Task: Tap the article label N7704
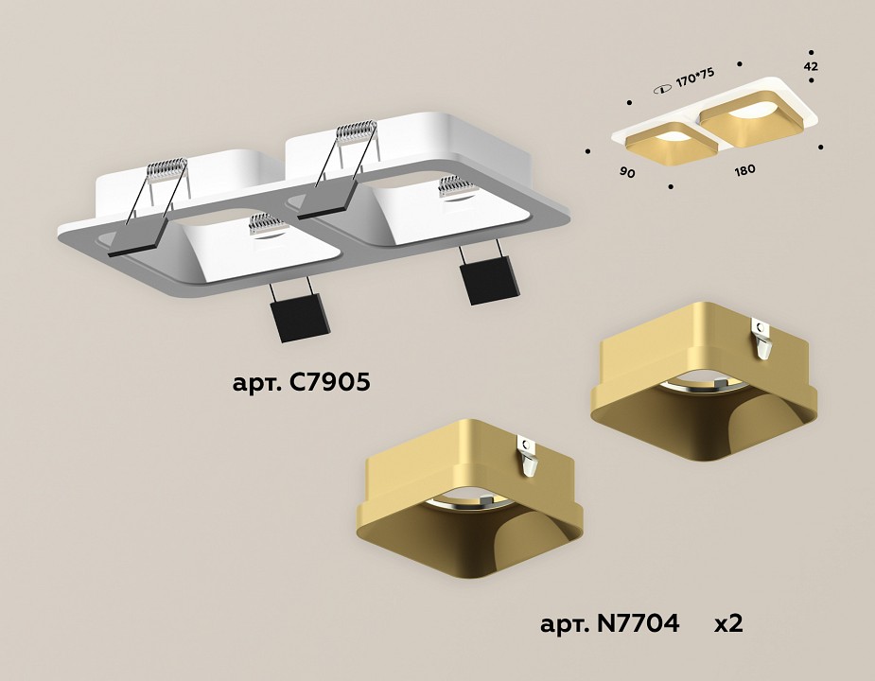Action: pos(609,623)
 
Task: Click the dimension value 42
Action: pos(811,66)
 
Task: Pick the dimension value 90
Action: pos(626,172)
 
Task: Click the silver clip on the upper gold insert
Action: pos(762,339)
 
